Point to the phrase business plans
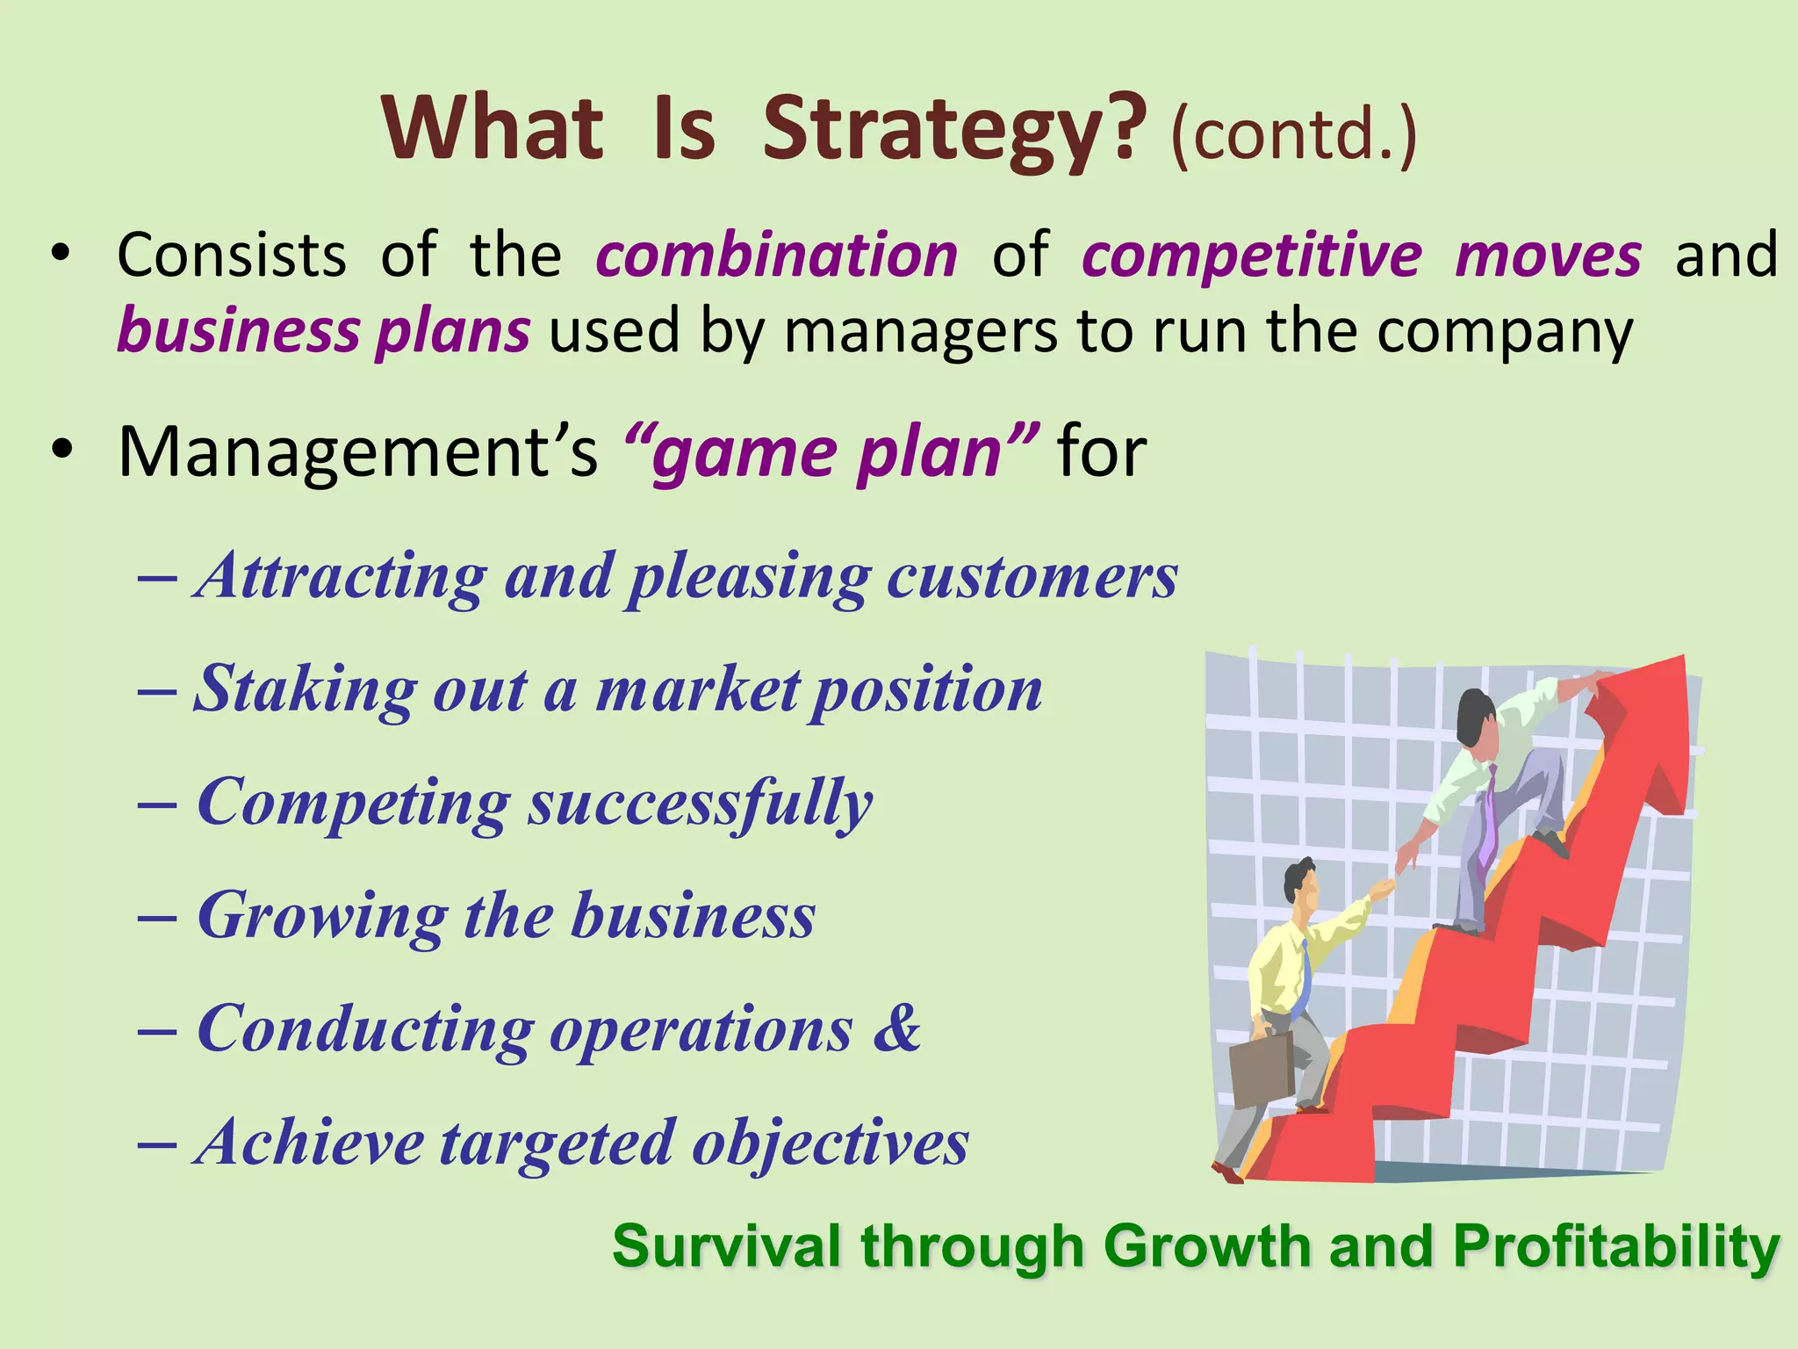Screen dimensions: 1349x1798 click(x=323, y=331)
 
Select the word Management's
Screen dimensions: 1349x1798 click(x=357, y=451)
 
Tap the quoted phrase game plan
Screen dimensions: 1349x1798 click(x=831, y=451)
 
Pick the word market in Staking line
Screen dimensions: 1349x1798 click(x=698, y=689)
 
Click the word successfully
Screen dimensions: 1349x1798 click(x=700, y=803)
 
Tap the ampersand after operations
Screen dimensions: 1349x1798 click(x=895, y=1028)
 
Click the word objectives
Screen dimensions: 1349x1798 click(x=830, y=1143)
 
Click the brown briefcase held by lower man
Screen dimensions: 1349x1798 click(x=1262, y=1069)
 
